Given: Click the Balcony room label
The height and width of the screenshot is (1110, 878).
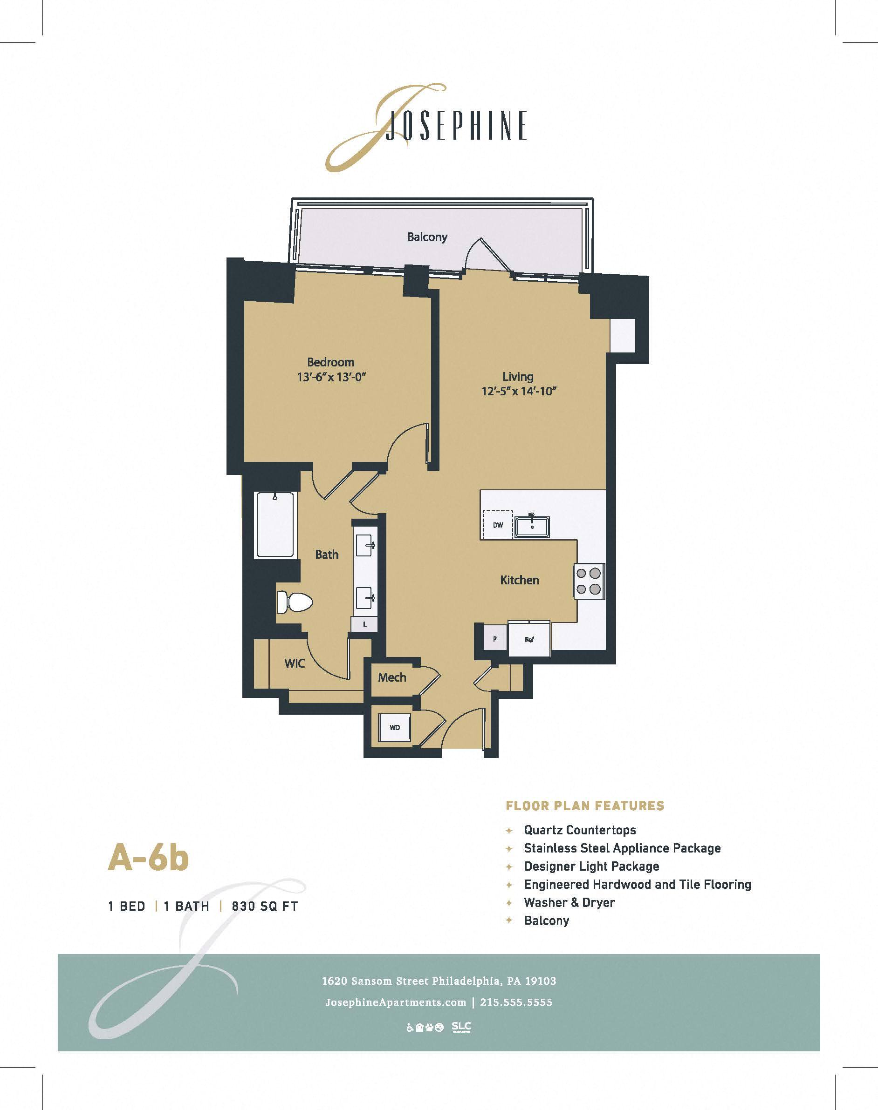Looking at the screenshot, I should [427, 237].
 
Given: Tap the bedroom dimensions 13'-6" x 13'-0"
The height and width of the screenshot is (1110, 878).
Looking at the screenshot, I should [330, 377].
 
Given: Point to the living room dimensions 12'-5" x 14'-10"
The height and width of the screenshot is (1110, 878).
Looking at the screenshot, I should [519, 391].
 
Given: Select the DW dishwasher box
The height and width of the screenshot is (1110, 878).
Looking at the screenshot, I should [498, 525].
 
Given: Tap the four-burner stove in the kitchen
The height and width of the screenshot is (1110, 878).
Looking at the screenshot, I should [589, 581].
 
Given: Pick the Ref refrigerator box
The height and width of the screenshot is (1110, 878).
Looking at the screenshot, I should [529, 639].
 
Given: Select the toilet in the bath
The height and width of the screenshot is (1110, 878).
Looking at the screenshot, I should [295, 602].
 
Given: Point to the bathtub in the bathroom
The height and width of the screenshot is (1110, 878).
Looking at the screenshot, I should [275, 525].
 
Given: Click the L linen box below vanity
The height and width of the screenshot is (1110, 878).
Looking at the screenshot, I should [364, 624].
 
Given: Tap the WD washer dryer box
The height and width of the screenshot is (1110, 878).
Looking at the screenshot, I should [395, 727].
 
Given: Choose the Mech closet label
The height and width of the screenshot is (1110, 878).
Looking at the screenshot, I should [392, 677].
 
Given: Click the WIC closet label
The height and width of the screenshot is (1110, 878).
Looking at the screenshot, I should [295, 663].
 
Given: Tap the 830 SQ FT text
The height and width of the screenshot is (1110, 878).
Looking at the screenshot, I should [265, 906].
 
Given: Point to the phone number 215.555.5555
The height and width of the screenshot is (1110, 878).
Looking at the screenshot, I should [516, 1002].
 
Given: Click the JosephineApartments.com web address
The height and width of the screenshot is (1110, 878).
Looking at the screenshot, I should [396, 1002].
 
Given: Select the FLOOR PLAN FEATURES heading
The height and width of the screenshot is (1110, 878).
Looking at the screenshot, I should [585, 805].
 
